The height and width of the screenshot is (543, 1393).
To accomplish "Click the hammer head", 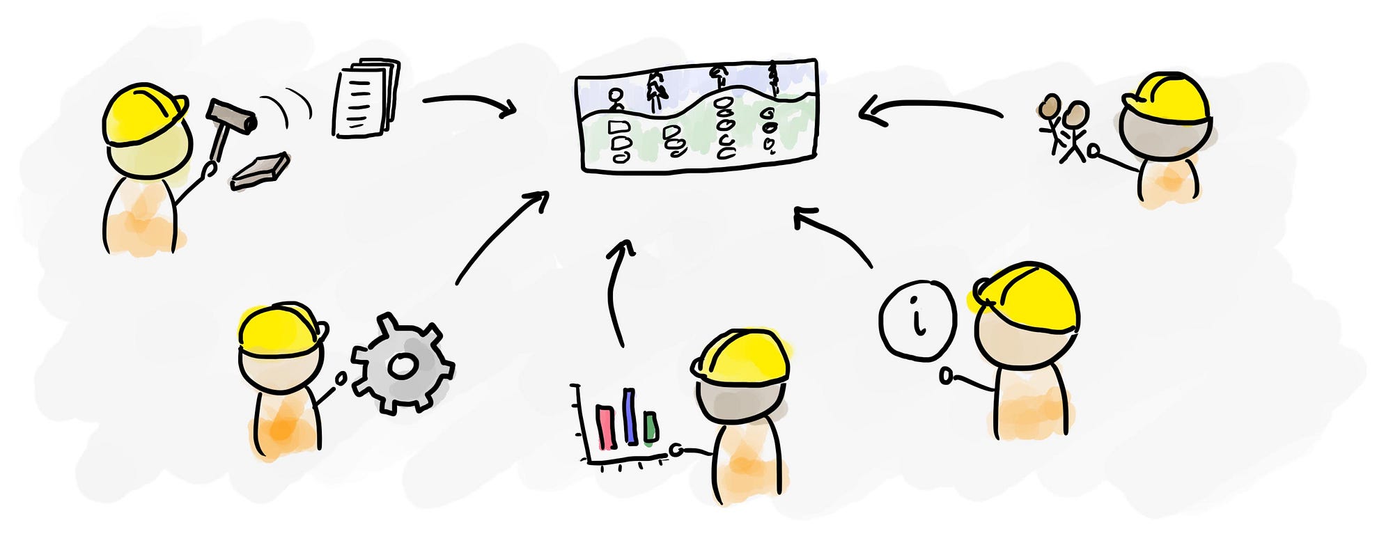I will point(233,116).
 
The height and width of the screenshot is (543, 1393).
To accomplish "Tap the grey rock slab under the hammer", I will point(260,171).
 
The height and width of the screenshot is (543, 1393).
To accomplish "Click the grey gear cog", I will point(403,365).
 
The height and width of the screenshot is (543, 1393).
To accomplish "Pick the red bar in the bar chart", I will point(605,427).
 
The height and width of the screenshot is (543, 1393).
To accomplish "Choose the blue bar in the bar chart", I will point(630,416).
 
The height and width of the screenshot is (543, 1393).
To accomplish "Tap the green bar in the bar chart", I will point(651,427).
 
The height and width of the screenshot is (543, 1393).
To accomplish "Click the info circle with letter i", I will point(917,320).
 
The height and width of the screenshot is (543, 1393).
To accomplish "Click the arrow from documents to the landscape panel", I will point(470,103).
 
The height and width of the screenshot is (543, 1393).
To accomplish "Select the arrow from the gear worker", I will point(501,237).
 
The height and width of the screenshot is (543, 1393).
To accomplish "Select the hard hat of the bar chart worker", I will point(741,357).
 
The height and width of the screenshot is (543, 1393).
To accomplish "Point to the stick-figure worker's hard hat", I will point(1167,99).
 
